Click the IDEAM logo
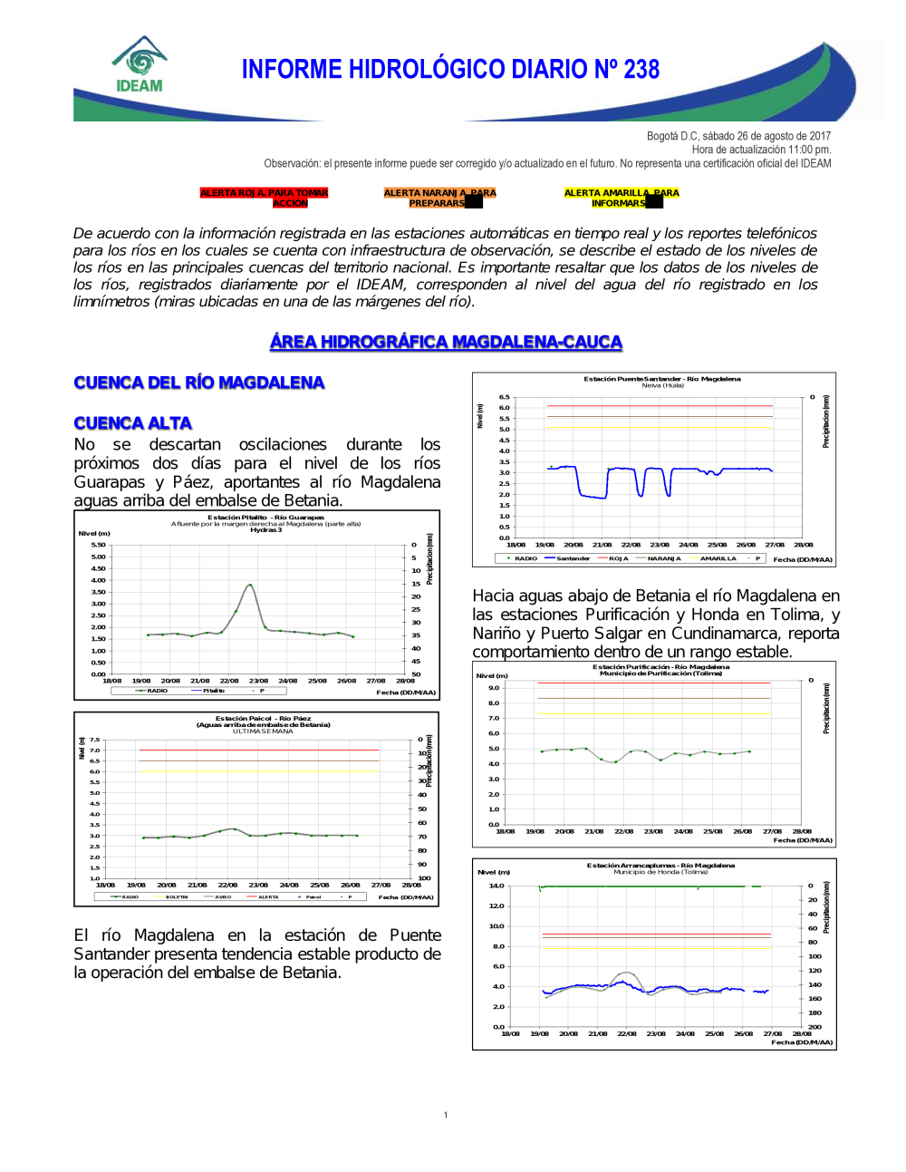coord(140,65)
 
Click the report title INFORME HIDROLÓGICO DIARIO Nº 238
coord(450,70)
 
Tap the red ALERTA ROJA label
coord(264,198)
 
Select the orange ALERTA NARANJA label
coord(439,198)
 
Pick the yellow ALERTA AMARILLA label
coord(621,198)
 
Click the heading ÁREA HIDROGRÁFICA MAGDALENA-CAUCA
coord(446,342)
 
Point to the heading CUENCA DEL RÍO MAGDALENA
coord(198,383)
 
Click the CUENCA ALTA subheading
coord(132,423)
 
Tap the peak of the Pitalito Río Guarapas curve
coord(250,585)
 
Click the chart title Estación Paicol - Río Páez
coord(263,718)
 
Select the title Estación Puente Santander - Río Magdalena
coord(661,379)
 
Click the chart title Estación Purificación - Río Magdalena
coord(660,666)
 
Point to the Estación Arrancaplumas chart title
coord(660,866)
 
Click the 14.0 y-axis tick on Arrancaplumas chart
coord(496,886)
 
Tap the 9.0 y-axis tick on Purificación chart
coord(494,688)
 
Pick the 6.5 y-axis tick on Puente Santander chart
coord(504,397)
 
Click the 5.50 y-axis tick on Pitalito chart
coord(98,545)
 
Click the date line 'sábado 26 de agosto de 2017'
coord(738,136)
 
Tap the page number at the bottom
coord(446,1115)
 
